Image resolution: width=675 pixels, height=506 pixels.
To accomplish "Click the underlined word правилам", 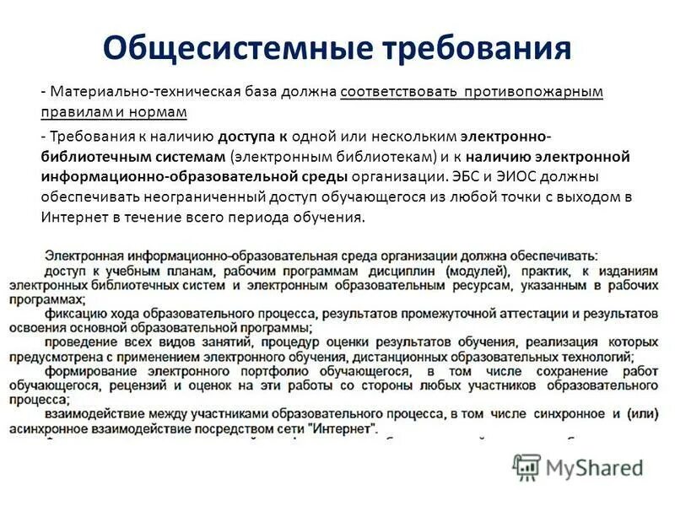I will click(73, 111).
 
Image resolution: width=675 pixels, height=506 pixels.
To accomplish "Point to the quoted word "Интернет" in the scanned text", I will click(344, 428).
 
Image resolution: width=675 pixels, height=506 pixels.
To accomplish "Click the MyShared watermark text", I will click(594, 467).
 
